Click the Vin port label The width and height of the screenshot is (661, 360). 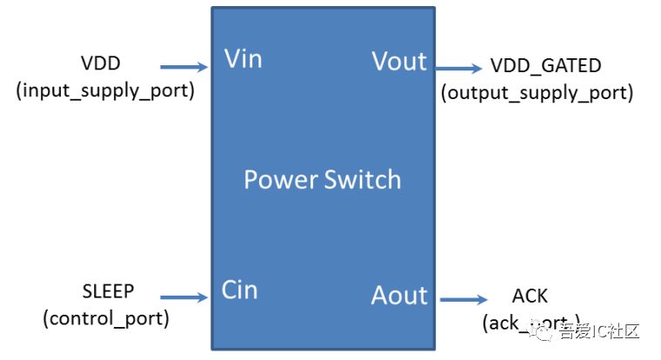pyautogui.click(x=243, y=59)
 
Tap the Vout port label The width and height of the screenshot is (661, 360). pyautogui.click(x=399, y=62)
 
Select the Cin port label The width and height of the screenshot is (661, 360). pyautogui.click(x=240, y=290)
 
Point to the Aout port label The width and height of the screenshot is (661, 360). pyautogui.click(x=399, y=296)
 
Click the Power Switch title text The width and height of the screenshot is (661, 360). pyautogui.click(x=322, y=180)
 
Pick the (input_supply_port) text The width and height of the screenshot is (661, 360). pyautogui.click(x=104, y=90)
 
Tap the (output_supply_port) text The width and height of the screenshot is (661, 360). pyautogui.click(x=537, y=92)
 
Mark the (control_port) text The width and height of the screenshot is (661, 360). pyautogui.click(x=105, y=318)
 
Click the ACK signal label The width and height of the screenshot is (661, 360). pyautogui.click(x=531, y=297)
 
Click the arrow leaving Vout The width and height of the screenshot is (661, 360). pyautogui.click(x=457, y=68)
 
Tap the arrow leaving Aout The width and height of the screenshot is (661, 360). pyautogui.click(x=463, y=300)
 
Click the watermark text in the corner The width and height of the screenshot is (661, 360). pyautogui.click(x=599, y=331)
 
